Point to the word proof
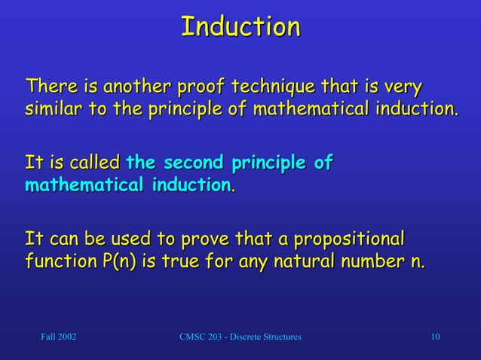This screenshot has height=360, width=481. coord(199,86)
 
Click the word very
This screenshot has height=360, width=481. coord(404,86)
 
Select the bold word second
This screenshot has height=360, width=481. coord(195,162)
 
